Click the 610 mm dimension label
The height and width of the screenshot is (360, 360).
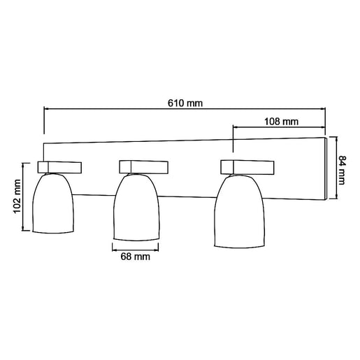(x=185, y=103)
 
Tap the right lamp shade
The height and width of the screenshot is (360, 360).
(x=240, y=213)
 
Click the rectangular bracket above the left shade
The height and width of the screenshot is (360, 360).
(x=59, y=166)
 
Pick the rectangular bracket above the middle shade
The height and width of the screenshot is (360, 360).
(x=143, y=166)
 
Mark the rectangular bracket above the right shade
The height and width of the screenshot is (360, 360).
(x=246, y=166)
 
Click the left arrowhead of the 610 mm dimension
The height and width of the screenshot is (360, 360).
(x=48, y=109)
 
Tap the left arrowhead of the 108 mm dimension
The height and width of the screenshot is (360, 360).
(x=236, y=127)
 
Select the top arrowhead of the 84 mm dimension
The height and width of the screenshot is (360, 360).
(x=334, y=138)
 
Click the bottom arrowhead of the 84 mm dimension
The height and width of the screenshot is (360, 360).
(x=334, y=197)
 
